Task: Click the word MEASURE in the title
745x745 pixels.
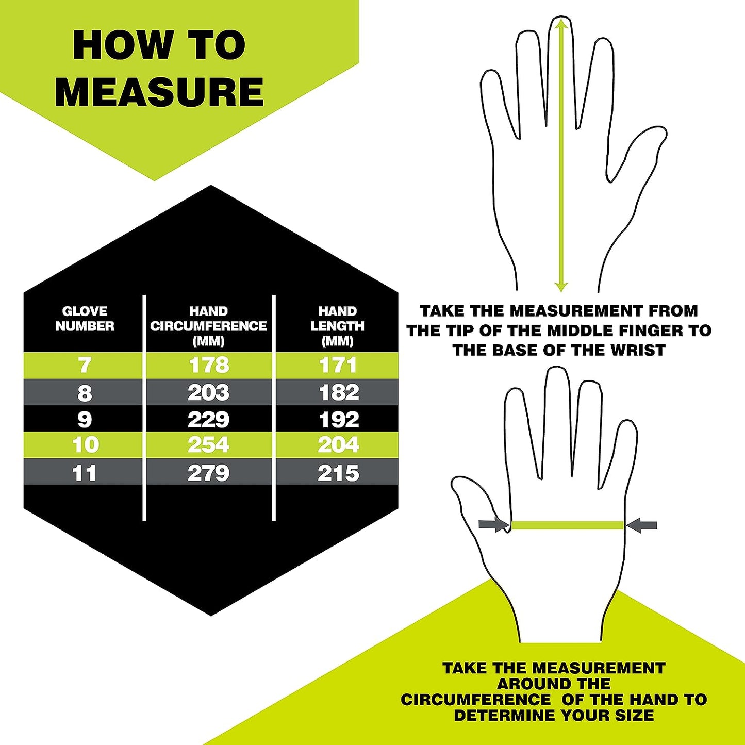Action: [159, 92]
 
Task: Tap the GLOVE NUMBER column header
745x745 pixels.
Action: [85, 319]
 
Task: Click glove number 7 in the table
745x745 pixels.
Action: [85, 366]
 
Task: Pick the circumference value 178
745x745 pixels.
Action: [209, 366]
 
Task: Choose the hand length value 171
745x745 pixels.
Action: [338, 366]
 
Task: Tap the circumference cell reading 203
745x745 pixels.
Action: [209, 393]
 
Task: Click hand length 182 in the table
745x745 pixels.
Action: [339, 393]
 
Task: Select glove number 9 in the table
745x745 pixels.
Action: [85, 420]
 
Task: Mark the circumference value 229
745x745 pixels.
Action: [209, 420]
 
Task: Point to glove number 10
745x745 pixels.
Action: [86, 444]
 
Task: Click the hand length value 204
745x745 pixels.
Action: [339, 444]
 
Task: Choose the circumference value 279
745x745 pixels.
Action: [209, 473]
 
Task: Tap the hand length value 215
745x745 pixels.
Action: [339, 473]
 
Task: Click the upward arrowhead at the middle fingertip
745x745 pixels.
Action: [561, 24]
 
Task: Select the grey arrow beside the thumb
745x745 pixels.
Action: [494, 525]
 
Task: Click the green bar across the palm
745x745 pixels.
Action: [568, 525]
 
